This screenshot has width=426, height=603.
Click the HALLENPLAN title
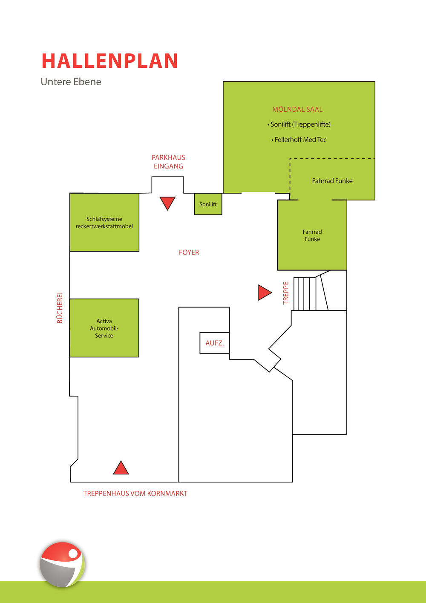[x=110, y=61]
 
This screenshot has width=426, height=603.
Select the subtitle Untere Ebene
[x=71, y=82]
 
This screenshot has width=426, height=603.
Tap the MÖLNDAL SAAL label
[x=297, y=109]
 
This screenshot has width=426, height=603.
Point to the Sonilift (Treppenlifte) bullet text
[x=299, y=125]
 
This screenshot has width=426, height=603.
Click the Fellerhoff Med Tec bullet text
[x=299, y=140]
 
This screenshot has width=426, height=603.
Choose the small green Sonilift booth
[x=208, y=204]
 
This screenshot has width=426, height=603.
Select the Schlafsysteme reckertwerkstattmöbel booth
[x=104, y=222]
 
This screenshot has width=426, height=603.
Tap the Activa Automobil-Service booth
[x=104, y=328]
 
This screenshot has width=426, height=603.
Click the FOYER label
[x=189, y=252]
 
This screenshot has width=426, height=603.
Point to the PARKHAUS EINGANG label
[x=168, y=162]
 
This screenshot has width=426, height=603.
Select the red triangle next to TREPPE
[x=265, y=293]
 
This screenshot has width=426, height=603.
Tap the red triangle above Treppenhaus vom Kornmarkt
[x=121, y=467]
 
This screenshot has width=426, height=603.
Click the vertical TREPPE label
[x=285, y=293]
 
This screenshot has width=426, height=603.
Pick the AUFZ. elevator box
[x=215, y=343]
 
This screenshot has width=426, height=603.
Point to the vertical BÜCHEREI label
[x=60, y=308]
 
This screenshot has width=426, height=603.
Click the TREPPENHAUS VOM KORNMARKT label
[x=135, y=493]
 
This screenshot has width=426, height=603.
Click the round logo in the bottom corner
[x=62, y=564]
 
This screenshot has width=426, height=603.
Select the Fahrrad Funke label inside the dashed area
[x=332, y=181]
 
